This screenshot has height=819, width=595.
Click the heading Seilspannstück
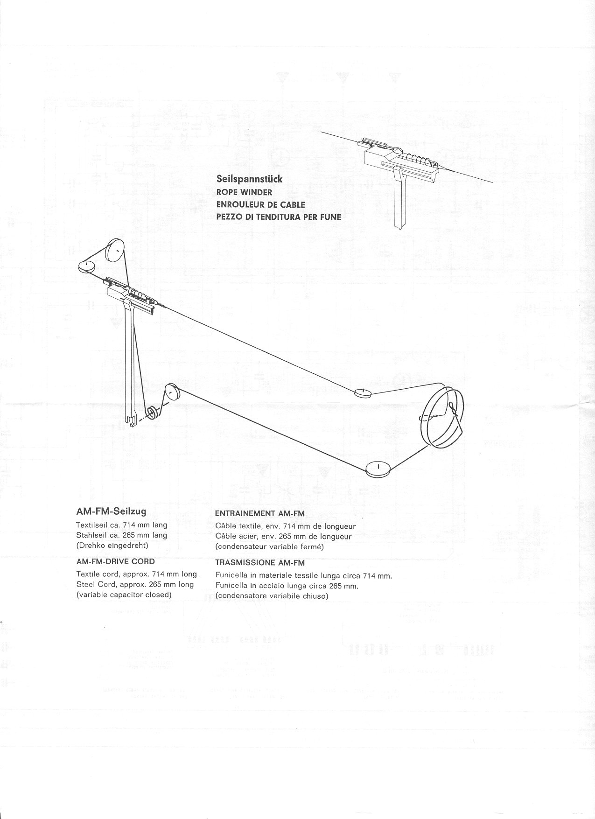point(249,179)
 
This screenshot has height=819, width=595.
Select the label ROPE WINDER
point(244,192)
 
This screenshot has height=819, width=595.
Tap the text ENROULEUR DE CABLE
point(260,204)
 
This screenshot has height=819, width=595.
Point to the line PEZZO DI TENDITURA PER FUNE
point(279,217)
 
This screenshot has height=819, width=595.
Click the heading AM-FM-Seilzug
point(111,511)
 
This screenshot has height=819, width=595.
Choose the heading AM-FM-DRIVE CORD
point(115,561)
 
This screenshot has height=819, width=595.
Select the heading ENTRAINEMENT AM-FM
point(259,513)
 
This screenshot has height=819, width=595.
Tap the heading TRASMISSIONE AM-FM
point(260,563)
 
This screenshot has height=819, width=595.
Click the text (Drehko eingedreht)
point(112,545)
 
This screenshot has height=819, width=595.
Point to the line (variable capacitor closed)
point(124,595)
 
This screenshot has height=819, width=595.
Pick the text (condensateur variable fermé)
point(269,546)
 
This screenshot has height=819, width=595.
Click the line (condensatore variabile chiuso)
point(272,596)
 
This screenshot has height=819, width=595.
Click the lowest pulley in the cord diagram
point(378,468)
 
